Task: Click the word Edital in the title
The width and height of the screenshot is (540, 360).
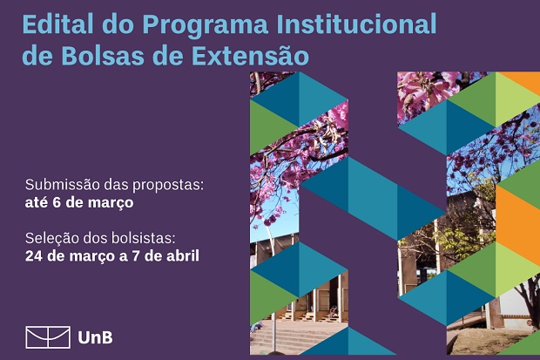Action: tap(57, 24)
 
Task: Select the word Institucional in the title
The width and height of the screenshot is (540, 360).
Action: tap(356, 24)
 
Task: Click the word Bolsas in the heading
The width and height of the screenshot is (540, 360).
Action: tap(103, 55)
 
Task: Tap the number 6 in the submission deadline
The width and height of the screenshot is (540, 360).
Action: tap(57, 202)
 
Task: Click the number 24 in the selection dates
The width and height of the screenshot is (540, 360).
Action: tap(34, 256)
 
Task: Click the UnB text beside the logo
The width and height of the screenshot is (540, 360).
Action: tap(95, 337)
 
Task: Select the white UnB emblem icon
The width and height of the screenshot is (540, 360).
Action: tap(48, 336)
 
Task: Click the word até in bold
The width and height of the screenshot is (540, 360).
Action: tap(37, 202)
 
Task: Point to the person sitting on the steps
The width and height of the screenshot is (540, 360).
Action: tap(333, 312)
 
